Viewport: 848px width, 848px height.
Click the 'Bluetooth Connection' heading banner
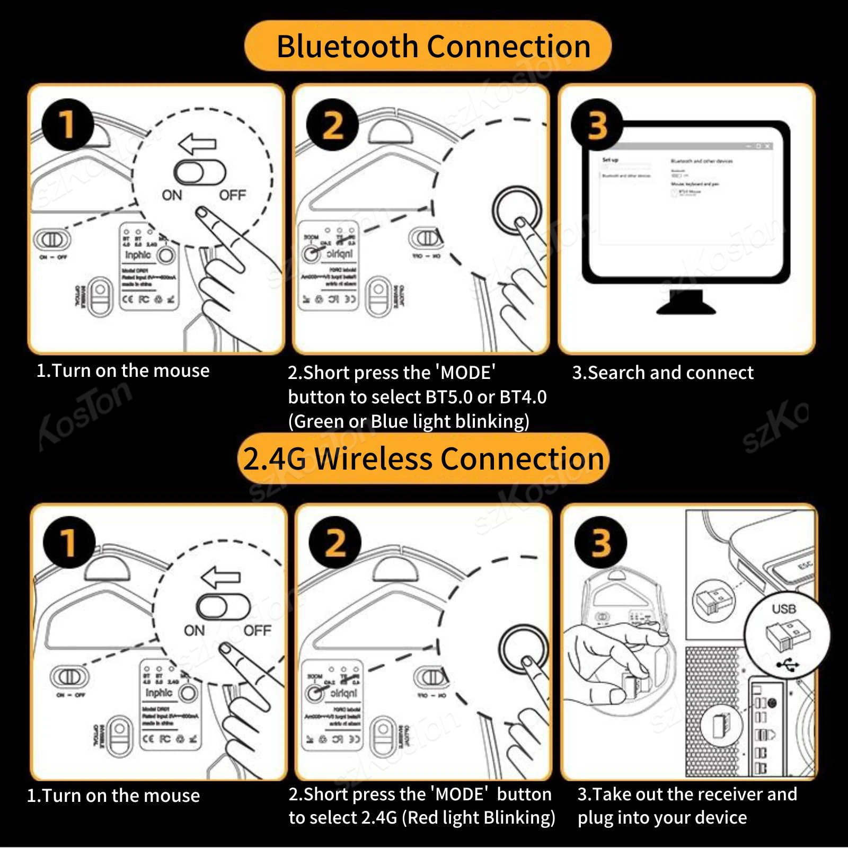[428, 46]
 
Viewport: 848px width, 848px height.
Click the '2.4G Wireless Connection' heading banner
[423, 458]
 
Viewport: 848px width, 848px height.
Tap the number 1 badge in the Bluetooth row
[68, 125]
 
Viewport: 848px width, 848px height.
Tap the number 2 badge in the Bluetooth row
[332, 126]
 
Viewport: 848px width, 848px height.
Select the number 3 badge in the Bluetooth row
[597, 126]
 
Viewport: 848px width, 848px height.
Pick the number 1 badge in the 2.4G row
[69, 542]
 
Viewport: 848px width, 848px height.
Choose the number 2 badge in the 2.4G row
[335, 543]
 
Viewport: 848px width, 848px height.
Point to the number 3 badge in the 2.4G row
[601, 543]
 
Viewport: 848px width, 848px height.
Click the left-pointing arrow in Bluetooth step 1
[198, 143]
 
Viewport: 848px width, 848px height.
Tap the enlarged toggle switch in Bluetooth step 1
[200, 173]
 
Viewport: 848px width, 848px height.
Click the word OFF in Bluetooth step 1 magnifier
[232, 196]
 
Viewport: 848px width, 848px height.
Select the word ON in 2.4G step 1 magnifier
[194, 631]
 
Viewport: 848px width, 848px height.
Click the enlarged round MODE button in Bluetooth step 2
[517, 210]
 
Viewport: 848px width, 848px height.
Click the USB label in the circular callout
[784, 609]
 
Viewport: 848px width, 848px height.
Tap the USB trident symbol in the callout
[787, 664]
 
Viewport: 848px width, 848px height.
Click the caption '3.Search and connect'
[662, 373]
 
